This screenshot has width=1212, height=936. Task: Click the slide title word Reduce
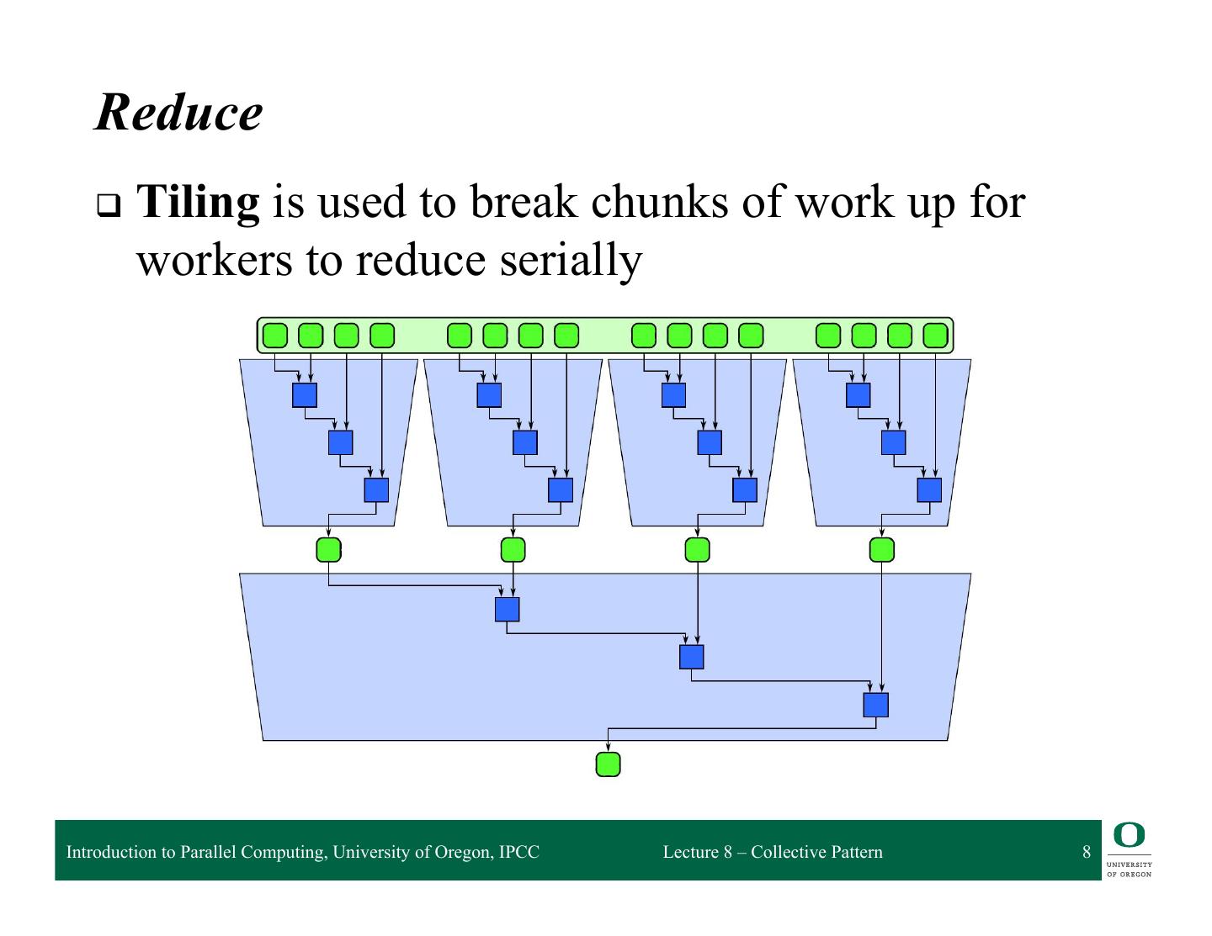click(x=178, y=113)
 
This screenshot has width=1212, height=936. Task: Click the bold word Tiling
click(x=198, y=203)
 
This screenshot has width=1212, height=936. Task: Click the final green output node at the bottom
click(x=608, y=764)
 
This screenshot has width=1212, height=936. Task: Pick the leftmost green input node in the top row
click(x=275, y=336)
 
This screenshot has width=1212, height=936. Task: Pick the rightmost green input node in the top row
click(x=935, y=336)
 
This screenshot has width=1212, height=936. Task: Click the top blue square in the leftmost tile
click(x=305, y=395)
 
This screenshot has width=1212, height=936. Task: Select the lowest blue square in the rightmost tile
click(x=929, y=490)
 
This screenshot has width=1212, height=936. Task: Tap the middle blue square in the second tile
click(x=525, y=442)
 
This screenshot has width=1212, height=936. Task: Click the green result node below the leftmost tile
click(x=328, y=550)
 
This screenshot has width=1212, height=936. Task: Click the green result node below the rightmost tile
click(x=881, y=550)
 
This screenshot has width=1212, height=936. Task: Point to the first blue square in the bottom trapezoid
click(x=507, y=609)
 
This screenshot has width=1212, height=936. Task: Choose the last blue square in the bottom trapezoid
click(x=875, y=705)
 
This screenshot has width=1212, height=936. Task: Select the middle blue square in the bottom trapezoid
click(x=691, y=657)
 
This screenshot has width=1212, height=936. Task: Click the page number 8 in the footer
click(x=1087, y=852)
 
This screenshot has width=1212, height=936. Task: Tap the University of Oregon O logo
click(x=1130, y=835)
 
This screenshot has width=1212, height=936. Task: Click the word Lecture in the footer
click(x=690, y=852)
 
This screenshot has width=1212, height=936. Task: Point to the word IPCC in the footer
click(x=518, y=852)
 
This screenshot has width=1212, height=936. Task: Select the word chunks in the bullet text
click(x=657, y=203)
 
